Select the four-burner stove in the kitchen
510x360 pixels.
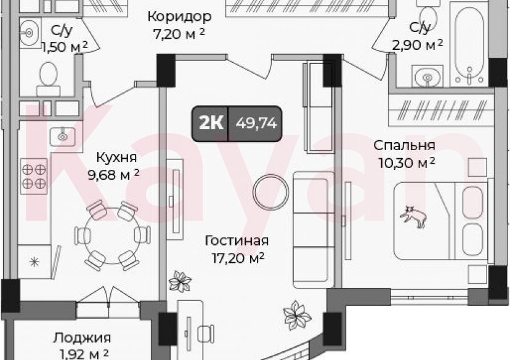tap(34, 174)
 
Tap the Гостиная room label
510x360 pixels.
tap(237, 241)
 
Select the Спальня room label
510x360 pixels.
tap(405, 146)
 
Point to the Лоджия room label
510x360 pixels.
tap(81, 337)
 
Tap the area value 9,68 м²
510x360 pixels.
tap(113, 175)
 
